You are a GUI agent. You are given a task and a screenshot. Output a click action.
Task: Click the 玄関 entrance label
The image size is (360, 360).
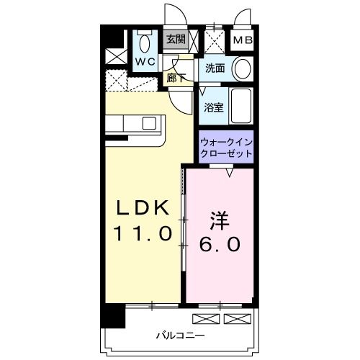pyautogui.click(x=175, y=40)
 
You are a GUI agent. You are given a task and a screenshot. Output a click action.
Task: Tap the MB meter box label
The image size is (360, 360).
pyautogui.click(x=241, y=40)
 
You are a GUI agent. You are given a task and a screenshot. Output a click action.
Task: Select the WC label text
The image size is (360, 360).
pyautogui.click(x=147, y=62)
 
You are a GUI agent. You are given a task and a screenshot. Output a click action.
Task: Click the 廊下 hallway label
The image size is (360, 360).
pyautogui.click(x=175, y=78)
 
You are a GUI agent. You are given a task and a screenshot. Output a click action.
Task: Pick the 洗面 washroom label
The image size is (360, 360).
pyautogui.click(x=215, y=69)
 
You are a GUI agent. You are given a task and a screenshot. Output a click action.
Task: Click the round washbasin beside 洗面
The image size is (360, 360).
pyautogui.click(x=243, y=70)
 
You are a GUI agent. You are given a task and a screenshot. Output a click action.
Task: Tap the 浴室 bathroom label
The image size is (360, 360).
pyautogui.click(x=212, y=107)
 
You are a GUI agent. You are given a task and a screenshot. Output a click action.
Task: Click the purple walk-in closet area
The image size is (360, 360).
pyautogui.click(x=226, y=147)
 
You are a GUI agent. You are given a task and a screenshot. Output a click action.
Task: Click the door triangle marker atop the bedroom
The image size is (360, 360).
pyautogui.click(x=230, y=173)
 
